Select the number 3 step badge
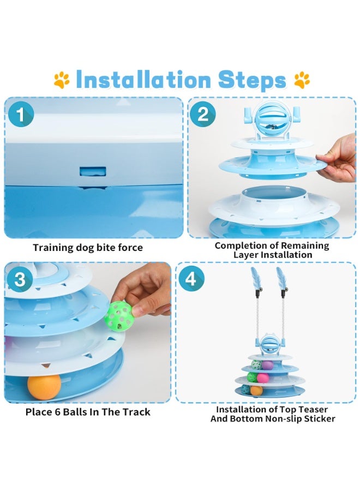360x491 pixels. click(20, 278)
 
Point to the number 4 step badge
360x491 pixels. click(191, 278)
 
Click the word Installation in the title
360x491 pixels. click(143, 79)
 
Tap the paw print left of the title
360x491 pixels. click(61, 80)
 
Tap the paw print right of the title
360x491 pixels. click(302, 80)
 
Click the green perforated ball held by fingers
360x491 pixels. click(118, 316)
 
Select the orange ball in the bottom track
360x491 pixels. click(44, 387)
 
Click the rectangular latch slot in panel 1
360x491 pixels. click(93, 172)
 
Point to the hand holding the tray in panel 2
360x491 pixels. click(338, 158)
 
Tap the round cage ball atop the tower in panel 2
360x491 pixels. click(268, 120)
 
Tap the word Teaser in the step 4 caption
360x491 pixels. click(313, 409)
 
